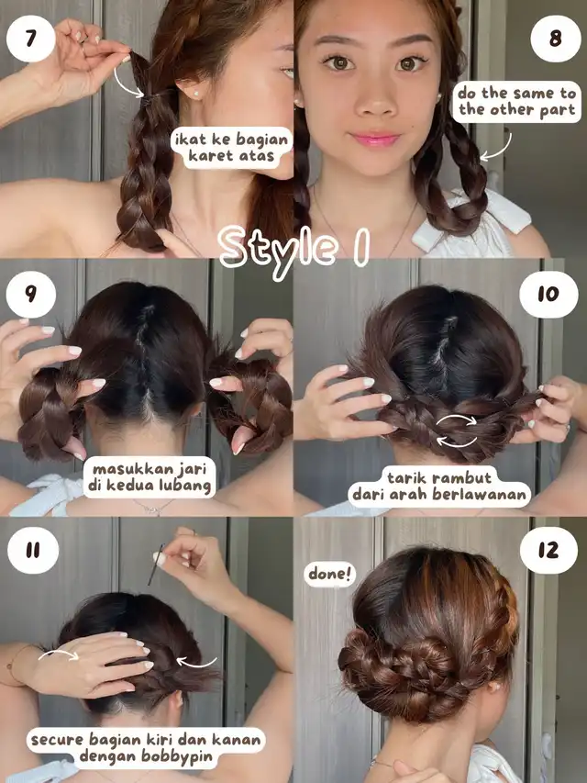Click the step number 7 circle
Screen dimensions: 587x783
pyautogui.click(x=31, y=39)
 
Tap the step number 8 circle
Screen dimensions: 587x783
pyautogui.click(x=556, y=39)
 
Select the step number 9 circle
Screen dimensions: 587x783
pyautogui.click(x=31, y=295)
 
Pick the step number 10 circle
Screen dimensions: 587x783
pyautogui.click(x=548, y=295)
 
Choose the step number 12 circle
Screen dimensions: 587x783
pyautogui.click(x=548, y=550)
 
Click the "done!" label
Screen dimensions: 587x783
pyautogui.click(x=330, y=574)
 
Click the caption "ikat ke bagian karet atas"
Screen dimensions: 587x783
pyautogui.click(x=232, y=147)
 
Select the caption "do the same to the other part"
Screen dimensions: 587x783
pyautogui.click(x=516, y=101)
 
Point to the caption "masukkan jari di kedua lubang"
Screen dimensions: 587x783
pyautogui.click(x=150, y=478)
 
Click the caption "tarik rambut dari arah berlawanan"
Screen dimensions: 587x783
pyautogui.click(x=439, y=487)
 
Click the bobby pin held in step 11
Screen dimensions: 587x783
pyautogui.click(x=156, y=565)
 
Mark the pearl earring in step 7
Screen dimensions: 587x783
pyautogui.click(x=195, y=94)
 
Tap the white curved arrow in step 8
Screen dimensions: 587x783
pyautogui.click(x=501, y=150)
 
